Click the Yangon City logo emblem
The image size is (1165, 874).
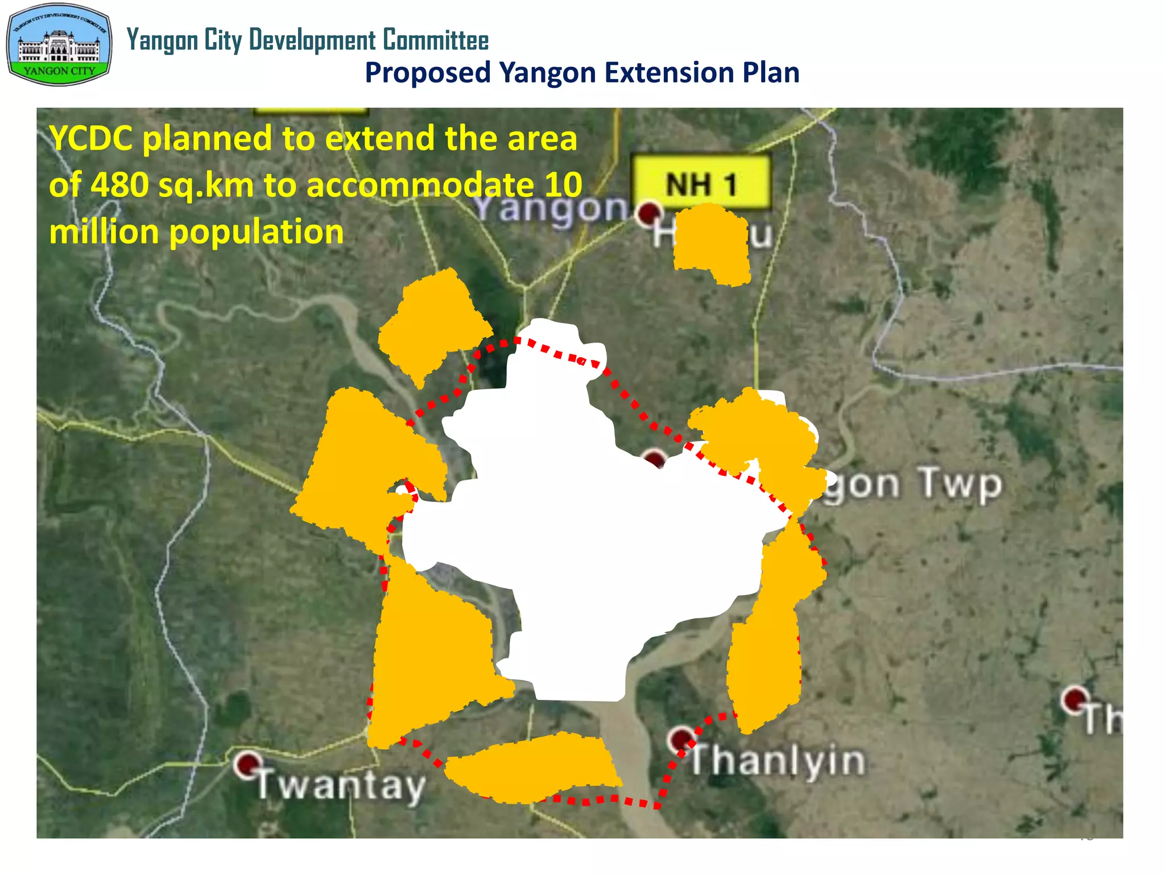(x=59, y=45)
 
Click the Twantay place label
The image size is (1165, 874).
(x=341, y=785)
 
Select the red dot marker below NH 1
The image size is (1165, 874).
(x=648, y=213)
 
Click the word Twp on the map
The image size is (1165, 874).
(x=960, y=485)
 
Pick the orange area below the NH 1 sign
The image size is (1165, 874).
(x=711, y=245)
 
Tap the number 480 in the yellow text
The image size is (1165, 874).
(x=121, y=185)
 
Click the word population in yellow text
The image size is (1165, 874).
(x=257, y=232)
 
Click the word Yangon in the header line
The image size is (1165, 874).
(x=162, y=40)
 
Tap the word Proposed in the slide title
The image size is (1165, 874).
(x=428, y=73)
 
